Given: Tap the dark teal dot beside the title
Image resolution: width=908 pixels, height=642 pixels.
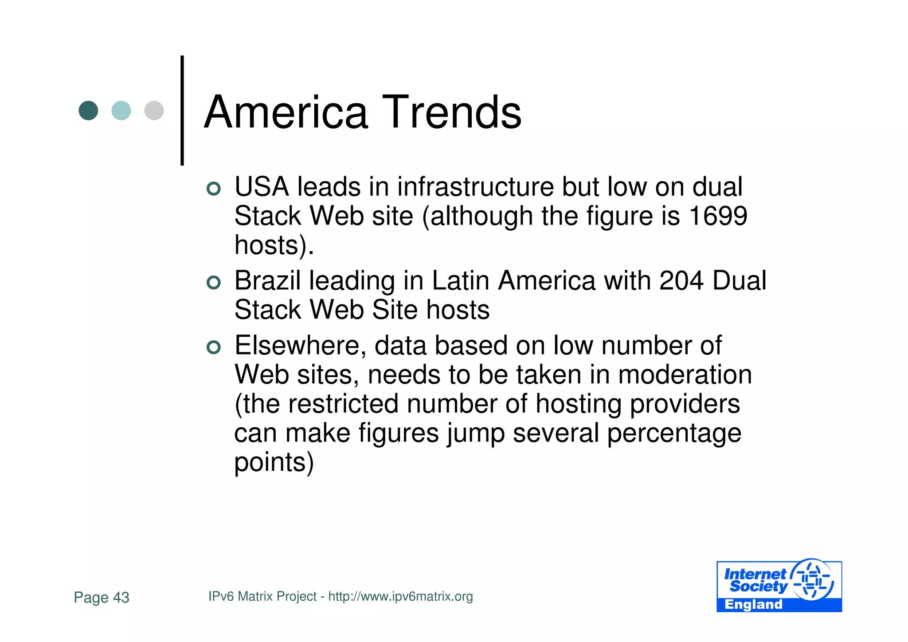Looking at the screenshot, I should tap(88, 110).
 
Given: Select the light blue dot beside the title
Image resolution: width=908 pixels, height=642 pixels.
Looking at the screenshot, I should tap(121, 110).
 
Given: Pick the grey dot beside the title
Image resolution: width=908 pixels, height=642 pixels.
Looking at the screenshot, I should tap(154, 110).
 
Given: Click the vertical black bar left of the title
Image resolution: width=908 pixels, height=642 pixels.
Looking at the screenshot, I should tap(182, 110).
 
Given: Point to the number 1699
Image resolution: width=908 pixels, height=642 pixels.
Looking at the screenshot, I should tap(718, 216).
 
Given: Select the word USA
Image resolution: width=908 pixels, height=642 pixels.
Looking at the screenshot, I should tap(262, 187).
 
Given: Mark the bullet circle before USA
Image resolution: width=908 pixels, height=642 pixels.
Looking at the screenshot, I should tap(214, 189).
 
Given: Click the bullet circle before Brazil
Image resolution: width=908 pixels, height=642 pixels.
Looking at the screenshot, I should tap(214, 283).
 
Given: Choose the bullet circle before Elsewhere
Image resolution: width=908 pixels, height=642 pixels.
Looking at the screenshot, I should tap(214, 347).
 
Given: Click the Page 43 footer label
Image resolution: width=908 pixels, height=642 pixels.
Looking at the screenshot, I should tap(102, 598).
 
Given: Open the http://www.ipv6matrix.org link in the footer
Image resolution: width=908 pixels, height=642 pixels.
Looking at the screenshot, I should tap(400, 597).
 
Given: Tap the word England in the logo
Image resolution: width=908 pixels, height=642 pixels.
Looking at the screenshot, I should tap(753, 605).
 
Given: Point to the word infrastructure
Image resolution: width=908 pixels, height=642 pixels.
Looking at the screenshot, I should tap(475, 187).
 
